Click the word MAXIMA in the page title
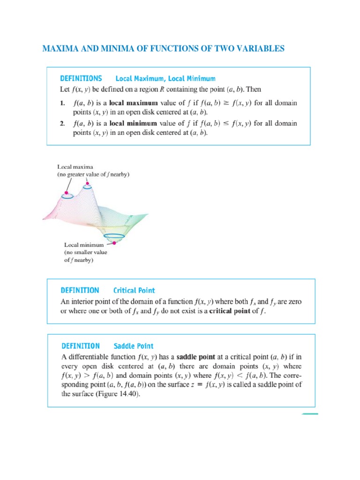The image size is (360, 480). pyautogui.click(x=58, y=49)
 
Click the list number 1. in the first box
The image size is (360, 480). pyautogui.click(x=62, y=102)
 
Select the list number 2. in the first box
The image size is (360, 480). pyautogui.click(x=62, y=124)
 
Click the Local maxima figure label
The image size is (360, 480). pyautogui.click(x=75, y=166)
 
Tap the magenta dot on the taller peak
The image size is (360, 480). pyautogui.click(x=86, y=186)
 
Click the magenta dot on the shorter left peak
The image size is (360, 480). pyautogui.click(x=67, y=193)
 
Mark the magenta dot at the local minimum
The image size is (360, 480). pyautogui.click(x=114, y=243)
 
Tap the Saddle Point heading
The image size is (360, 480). pyautogui.click(x=134, y=346)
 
